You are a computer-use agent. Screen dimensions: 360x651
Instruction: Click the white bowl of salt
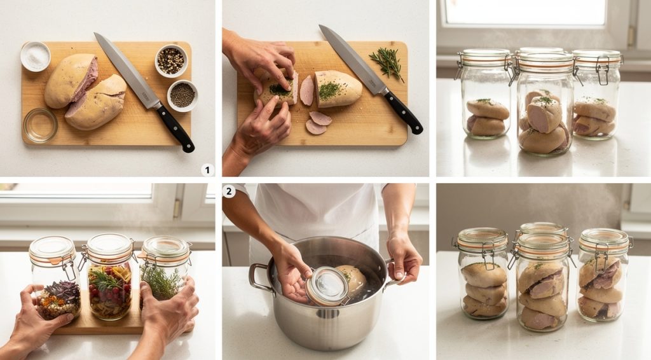click(x=35, y=57)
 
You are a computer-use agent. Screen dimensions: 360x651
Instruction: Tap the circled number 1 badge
click(x=207, y=170)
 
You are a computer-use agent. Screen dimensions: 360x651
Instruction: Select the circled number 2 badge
click(x=229, y=191)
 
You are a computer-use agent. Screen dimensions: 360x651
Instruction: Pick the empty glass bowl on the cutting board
click(x=40, y=125)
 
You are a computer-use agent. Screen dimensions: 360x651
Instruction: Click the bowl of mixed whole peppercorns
click(x=171, y=61)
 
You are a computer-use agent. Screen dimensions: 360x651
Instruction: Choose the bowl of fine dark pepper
click(x=182, y=95)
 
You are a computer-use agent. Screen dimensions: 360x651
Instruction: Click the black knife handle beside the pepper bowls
click(x=176, y=128)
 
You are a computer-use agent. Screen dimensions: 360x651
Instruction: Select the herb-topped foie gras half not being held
click(x=337, y=89)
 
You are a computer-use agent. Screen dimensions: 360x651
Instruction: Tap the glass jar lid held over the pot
click(x=327, y=287)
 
